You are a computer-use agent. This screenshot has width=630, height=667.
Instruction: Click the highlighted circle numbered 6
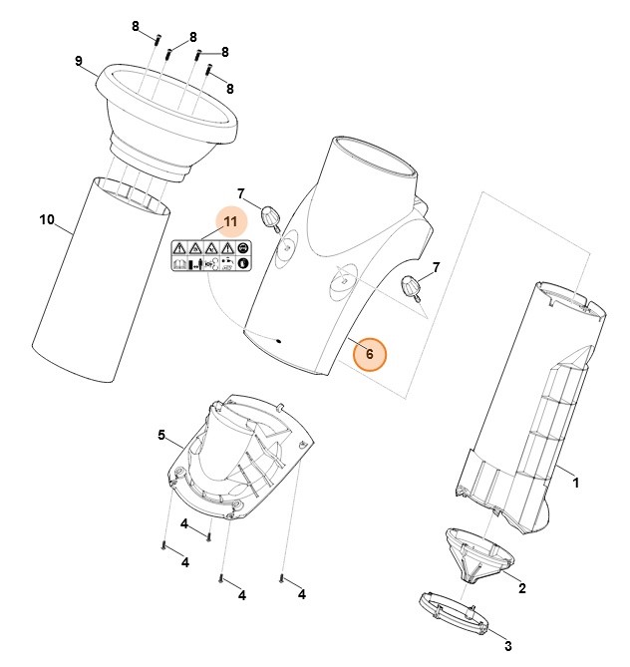(x=370, y=354)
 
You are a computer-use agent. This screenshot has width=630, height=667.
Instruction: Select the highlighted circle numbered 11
(x=230, y=221)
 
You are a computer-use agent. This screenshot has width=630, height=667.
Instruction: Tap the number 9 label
(x=78, y=62)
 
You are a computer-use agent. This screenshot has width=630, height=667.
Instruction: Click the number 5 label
(x=161, y=435)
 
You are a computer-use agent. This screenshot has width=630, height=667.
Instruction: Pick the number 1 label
(x=575, y=483)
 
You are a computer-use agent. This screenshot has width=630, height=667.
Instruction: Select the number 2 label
(x=522, y=588)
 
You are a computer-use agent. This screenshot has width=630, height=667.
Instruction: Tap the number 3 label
(x=507, y=647)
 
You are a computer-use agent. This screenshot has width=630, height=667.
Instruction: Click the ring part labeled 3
(x=454, y=612)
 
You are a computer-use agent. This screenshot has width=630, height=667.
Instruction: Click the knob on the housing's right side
(x=411, y=288)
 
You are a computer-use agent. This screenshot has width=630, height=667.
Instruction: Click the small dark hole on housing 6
(x=280, y=341)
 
